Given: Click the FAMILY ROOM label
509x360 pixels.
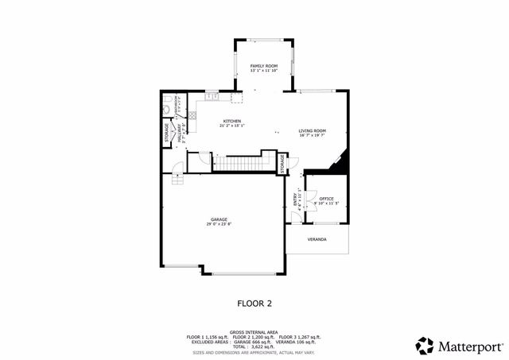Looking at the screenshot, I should [x=264, y=65].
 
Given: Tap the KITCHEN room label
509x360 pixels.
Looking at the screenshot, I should [x=231, y=121].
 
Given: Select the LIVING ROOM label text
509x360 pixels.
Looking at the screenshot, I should [x=313, y=130].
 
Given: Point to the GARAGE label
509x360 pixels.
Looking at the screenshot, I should [x=220, y=219].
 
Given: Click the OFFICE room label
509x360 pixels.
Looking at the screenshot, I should [x=326, y=199].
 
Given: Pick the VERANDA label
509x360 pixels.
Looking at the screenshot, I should [x=317, y=238].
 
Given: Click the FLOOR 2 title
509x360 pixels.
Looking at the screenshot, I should [x=254, y=303].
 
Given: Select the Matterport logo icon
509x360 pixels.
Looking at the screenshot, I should [x=425, y=346].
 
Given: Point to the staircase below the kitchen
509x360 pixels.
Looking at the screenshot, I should [x=235, y=163].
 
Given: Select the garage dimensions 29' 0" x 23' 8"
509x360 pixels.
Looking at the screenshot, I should [x=220, y=224].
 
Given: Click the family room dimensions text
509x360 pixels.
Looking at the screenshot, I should [x=264, y=71].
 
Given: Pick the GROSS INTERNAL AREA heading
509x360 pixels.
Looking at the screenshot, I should [x=254, y=331].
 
